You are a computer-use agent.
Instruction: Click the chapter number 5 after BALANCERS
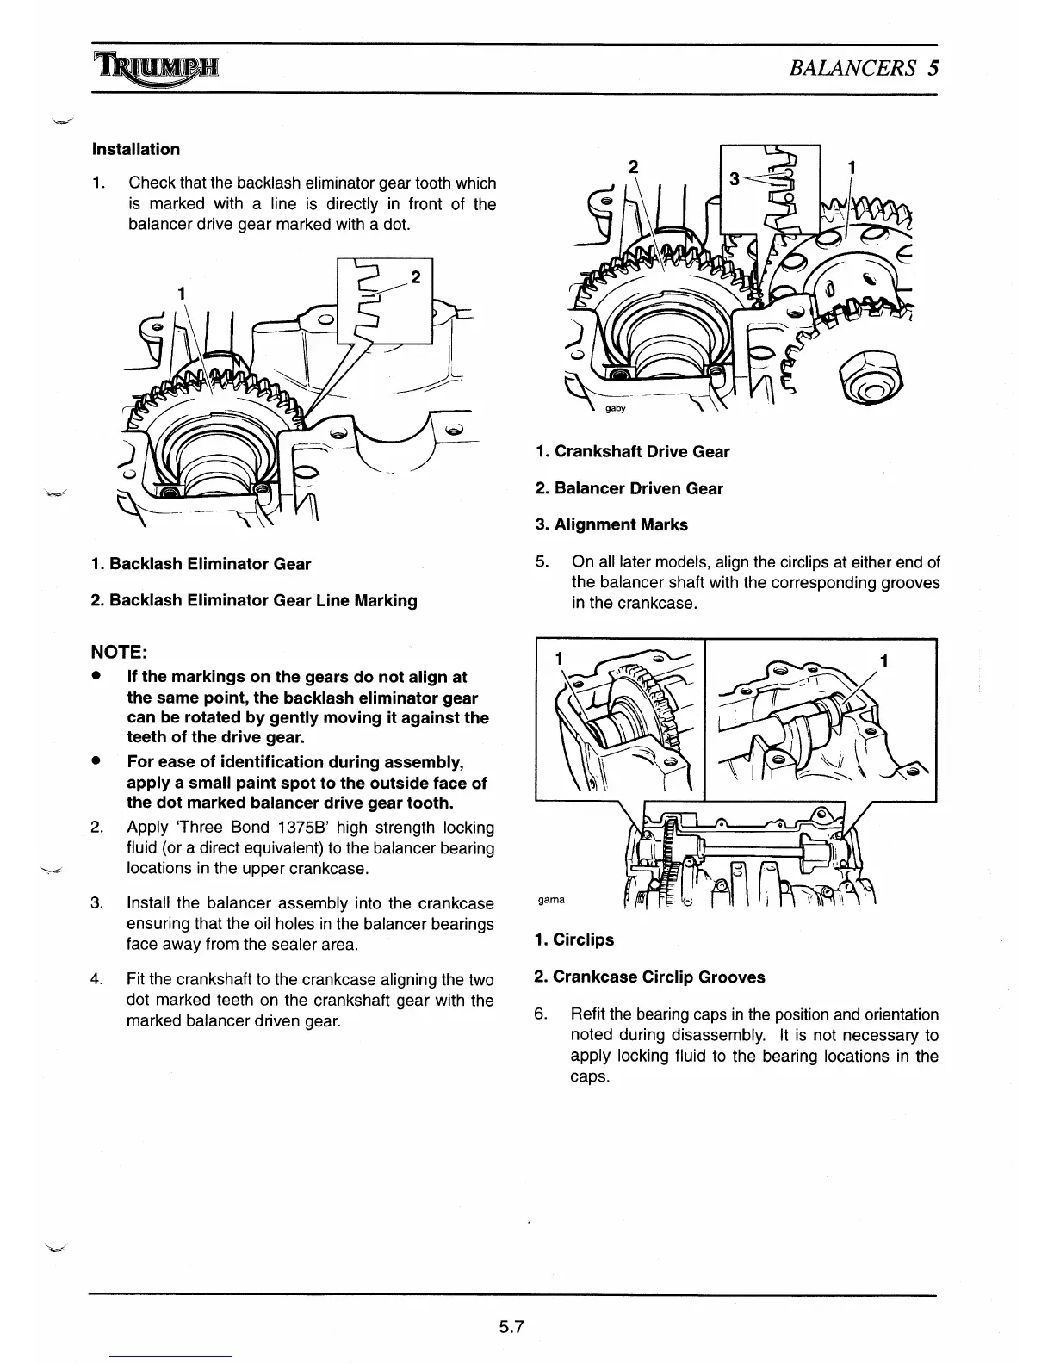(x=933, y=68)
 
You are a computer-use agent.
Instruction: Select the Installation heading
(x=136, y=149)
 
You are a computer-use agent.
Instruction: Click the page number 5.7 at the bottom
(x=512, y=1327)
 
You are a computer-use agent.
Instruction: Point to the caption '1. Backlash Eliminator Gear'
(x=201, y=564)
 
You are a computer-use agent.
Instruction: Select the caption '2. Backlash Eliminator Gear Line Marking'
(x=254, y=600)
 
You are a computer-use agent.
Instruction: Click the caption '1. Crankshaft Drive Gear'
(x=632, y=451)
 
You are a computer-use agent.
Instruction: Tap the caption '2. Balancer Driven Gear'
(x=629, y=488)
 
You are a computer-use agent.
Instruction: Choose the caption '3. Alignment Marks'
(x=611, y=524)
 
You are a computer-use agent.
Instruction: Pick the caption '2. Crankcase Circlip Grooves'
(x=649, y=976)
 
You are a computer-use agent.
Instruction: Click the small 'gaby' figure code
(x=615, y=408)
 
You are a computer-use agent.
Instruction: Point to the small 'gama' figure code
(x=551, y=900)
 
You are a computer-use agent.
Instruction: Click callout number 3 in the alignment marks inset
(x=734, y=179)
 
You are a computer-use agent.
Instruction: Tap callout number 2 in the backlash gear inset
(x=416, y=277)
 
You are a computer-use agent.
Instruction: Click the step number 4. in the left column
(x=97, y=980)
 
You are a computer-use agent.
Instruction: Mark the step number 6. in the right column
(x=541, y=1014)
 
